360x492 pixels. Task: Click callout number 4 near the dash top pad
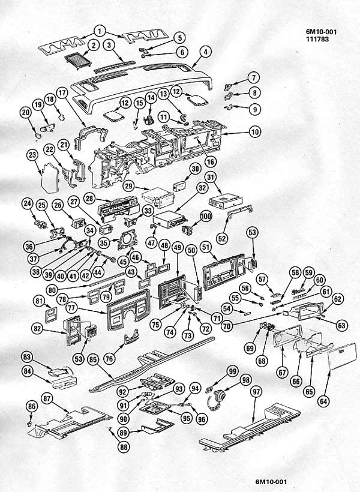205,52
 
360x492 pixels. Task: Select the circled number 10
254,131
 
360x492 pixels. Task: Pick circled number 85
93,360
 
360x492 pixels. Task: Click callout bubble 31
211,177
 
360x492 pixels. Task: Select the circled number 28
89,198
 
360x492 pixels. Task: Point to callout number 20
25,112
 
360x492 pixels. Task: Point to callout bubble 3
109,45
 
